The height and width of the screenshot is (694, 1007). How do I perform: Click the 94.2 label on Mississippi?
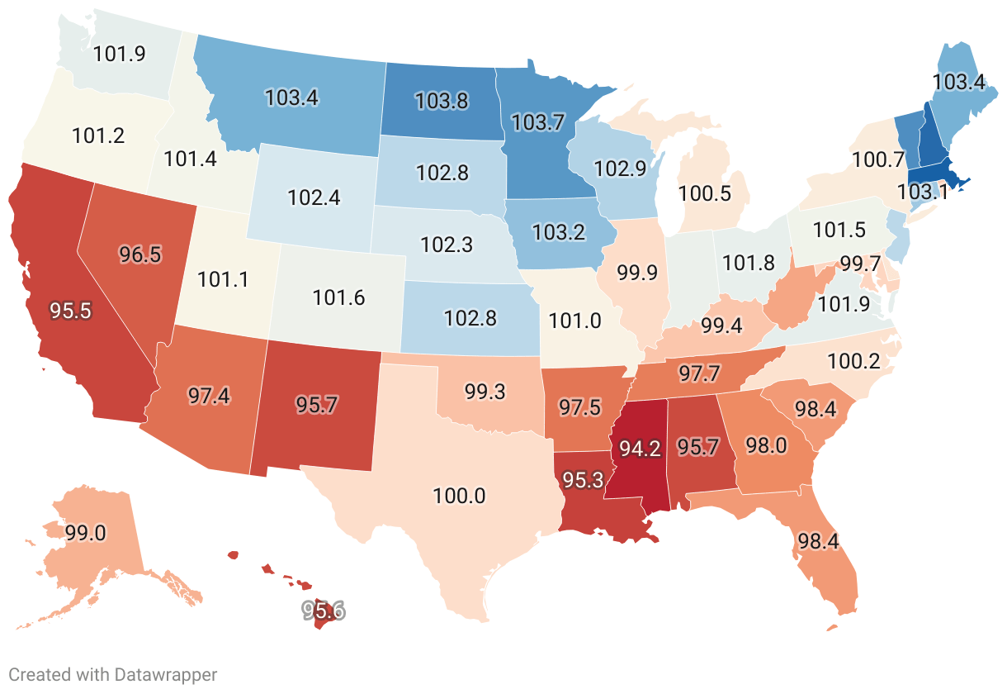point(641,449)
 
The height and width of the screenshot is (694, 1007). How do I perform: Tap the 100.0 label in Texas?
point(459,497)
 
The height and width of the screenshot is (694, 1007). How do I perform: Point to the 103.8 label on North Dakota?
point(442,102)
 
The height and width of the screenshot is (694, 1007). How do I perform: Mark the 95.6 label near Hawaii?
point(323,611)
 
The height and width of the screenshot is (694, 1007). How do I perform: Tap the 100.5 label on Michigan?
point(705,194)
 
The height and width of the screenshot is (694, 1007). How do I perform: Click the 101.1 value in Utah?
point(223,279)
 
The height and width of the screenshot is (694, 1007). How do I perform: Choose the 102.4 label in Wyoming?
point(314,198)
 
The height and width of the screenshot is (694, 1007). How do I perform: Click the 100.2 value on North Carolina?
point(853,361)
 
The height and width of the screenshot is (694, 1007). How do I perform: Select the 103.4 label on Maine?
point(958,82)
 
